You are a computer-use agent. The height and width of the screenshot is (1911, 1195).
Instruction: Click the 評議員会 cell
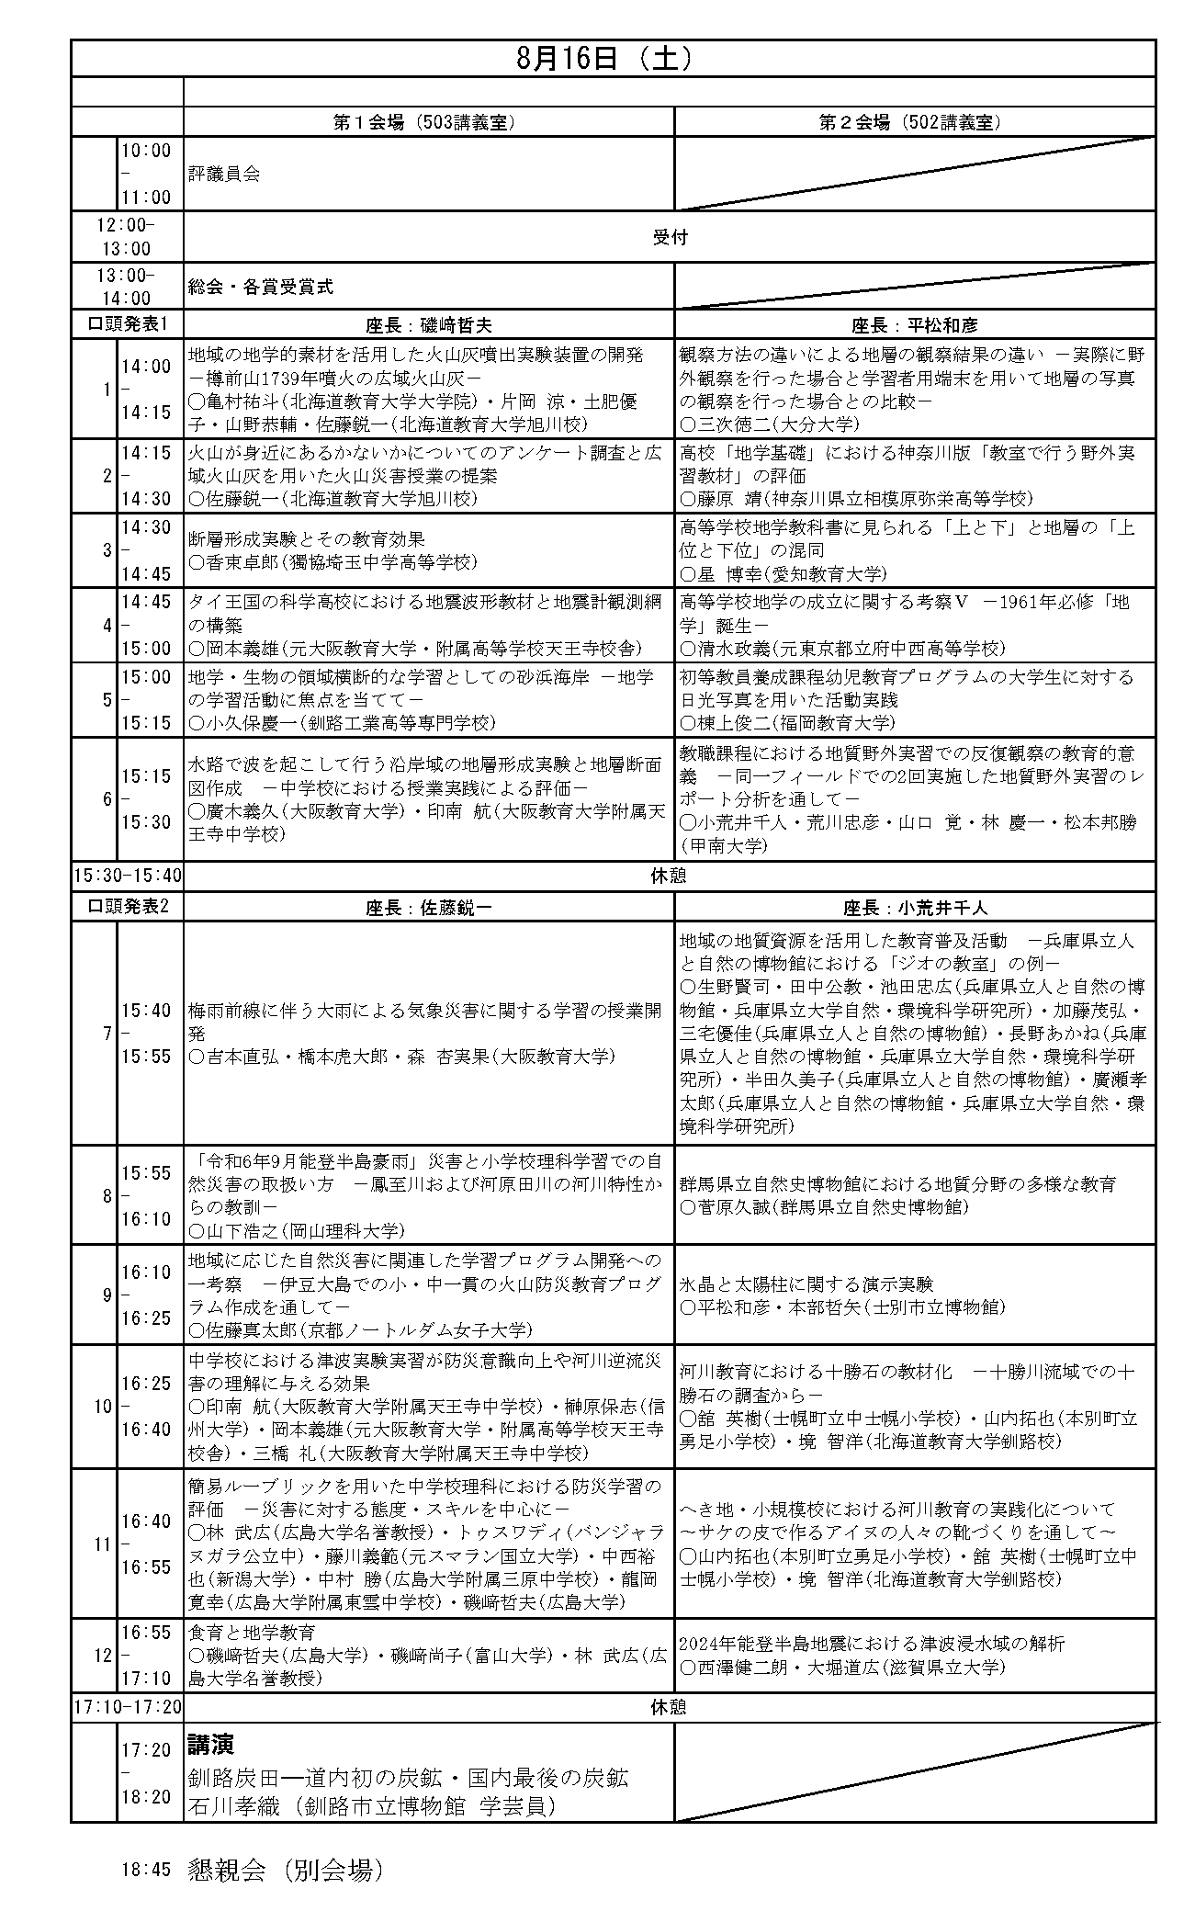[x=224, y=174]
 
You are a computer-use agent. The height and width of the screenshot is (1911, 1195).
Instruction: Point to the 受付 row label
[x=669, y=237]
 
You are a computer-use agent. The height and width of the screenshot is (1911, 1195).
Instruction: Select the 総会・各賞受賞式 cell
[x=260, y=287]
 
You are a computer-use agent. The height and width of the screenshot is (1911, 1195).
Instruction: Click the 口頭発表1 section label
[x=127, y=325]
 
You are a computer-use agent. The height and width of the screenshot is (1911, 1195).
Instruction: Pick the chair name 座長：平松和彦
[x=913, y=325]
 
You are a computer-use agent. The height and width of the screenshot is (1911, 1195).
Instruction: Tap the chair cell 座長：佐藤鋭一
[x=428, y=908]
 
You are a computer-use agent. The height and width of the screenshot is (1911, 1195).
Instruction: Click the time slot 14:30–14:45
[x=147, y=550]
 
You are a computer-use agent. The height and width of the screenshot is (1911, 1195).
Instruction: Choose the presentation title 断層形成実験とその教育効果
[x=307, y=539]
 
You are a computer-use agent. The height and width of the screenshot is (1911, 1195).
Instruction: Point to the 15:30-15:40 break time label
[x=128, y=876]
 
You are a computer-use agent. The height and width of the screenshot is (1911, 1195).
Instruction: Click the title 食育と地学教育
[x=252, y=1633]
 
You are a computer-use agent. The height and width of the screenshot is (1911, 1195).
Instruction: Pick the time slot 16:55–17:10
[x=147, y=1656]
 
